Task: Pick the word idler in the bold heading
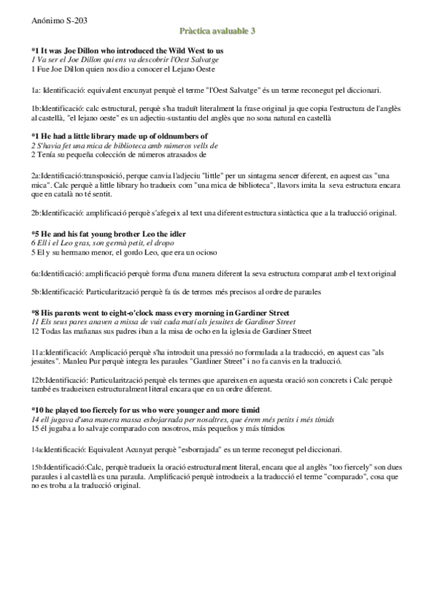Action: [x=175, y=234]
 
